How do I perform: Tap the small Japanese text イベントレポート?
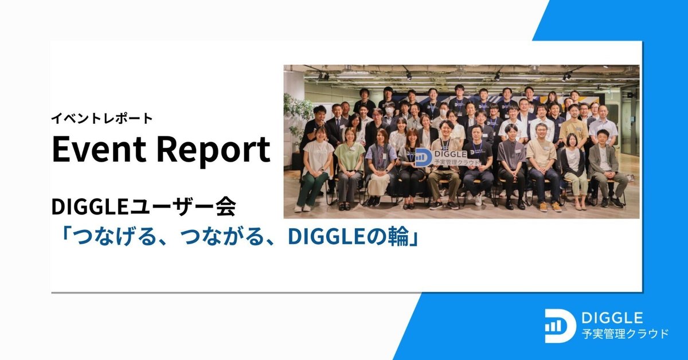(102, 119)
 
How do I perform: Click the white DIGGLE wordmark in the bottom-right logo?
(612, 317)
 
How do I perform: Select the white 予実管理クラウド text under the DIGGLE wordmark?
(624, 333)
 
